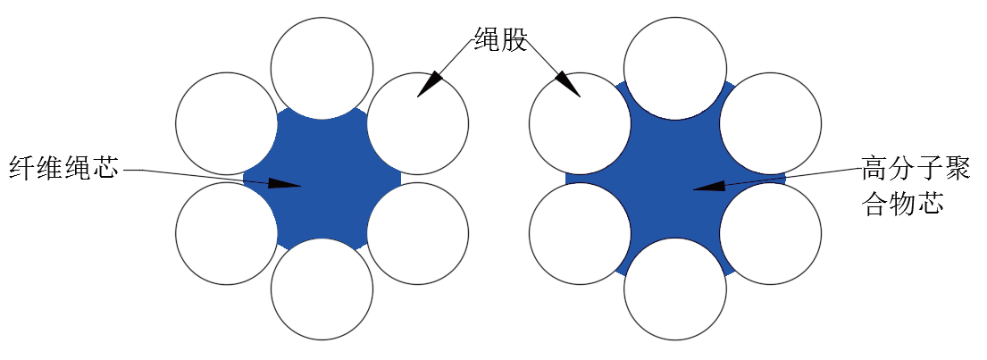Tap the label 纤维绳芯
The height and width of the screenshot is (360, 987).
click(x=63, y=168)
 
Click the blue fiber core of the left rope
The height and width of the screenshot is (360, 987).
click(x=322, y=178)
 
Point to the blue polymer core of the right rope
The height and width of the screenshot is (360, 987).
click(x=675, y=178)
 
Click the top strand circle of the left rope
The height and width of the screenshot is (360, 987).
click(x=322, y=67)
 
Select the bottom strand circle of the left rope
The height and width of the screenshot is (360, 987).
click(x=322, y=289)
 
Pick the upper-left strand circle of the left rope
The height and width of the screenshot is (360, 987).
click(x=227, y=123)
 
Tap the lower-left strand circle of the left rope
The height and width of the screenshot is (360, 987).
click(x=227, y=233)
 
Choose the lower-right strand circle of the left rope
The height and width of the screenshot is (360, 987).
click(x=417, y=233)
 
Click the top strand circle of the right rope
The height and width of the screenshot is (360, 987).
click(x=675, y=67)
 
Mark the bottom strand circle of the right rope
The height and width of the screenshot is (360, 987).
click(x=675, y=289)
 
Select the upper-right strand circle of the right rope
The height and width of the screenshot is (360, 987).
click(x=771, y=123)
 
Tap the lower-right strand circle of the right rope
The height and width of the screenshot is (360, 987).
click(x=771, y=233)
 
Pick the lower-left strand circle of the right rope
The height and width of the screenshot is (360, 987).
click(x=580, y=233)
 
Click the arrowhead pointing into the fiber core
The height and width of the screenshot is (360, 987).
click(x=285, y=183)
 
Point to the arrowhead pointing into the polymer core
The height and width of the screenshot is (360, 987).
click(x=709, y=185)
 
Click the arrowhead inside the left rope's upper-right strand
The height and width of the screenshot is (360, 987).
click(x=430, y=85)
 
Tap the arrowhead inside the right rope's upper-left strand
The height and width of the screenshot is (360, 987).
click(x=567, y=85)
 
